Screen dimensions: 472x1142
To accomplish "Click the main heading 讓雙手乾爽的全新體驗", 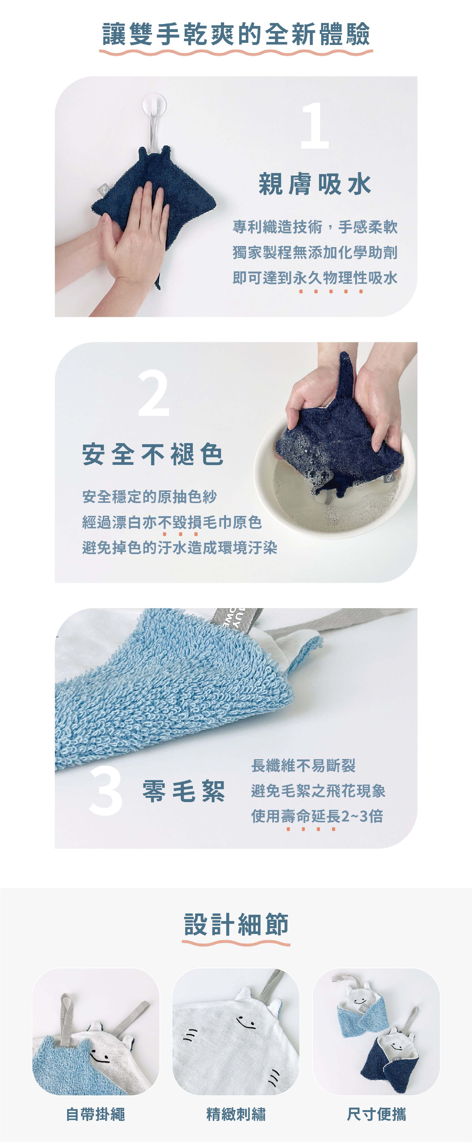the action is pyautogui.click(x=236, y=34).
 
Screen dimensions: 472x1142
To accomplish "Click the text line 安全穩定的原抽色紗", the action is pyautogui.click(x=149, y=497).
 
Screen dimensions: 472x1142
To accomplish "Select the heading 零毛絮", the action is pyautogui.click(x=184, y=791).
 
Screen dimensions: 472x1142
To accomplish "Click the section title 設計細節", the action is pyautogui.click(x=236, y=924).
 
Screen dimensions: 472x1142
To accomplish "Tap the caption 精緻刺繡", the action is pyautogui.click(x=236, y=1114).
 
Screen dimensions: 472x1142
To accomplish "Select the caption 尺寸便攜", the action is pyautogui.click(x=376, y=1114).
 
